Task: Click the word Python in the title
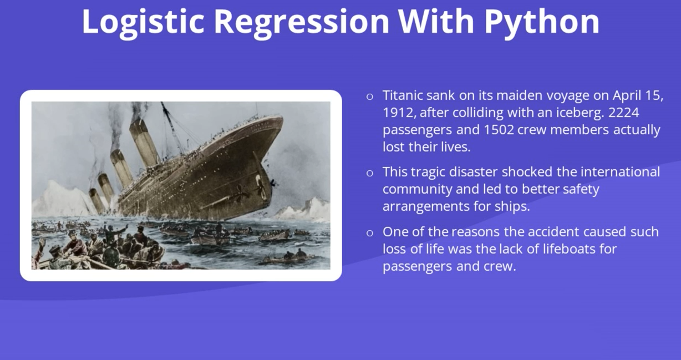pyautogui.click(x=542, y=22)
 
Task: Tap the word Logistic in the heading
pyautogui.click(x=143, y=22)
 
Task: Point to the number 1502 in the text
pyautogui.click(x=499, y=130)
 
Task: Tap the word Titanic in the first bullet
pyautogui.click(x=403, y=95)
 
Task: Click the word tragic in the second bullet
pyautogui.click(x=428, y=173)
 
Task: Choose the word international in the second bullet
pyautogui.click(x=620, y=172)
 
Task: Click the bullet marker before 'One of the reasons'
pyautogui.click(x=370, y=233)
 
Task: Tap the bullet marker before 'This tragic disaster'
pyautogui.click(x=370, y=173)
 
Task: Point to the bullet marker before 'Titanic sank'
pyautogui.click(x=370, y=97)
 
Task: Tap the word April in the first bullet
pyautogui.click(x=626, y=96)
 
